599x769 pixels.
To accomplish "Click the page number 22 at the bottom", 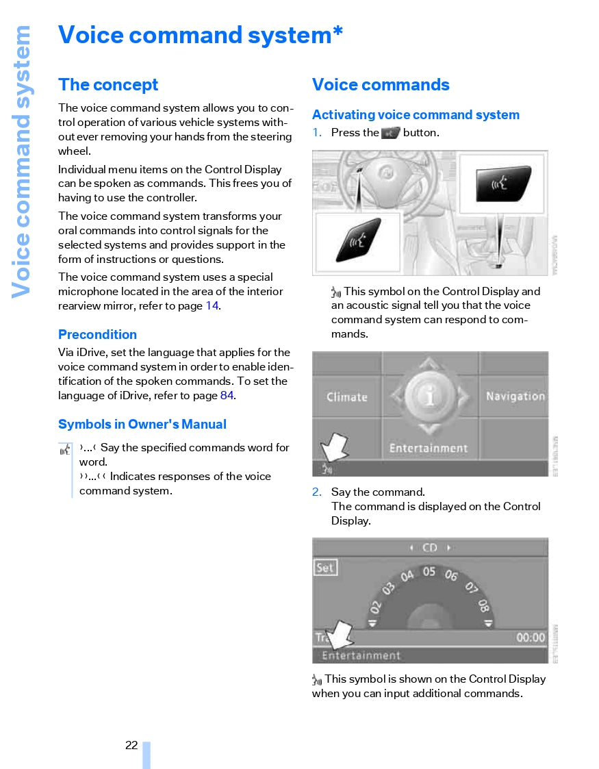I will pos(131,745).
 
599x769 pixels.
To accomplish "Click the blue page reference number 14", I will pos(212,306).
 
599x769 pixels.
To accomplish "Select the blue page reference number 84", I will pos(228,396).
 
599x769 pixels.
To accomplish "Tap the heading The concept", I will pos(108,85).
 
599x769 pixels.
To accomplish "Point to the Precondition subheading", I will pos(97,335).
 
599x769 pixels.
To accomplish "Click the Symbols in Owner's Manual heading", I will pos(142,425).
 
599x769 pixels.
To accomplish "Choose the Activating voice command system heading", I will pos(416,115).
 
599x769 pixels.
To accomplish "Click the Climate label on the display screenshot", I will pos(347,397).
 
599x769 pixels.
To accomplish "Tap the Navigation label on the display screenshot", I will pos(515,396).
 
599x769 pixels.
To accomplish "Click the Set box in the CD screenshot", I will pos(326,568).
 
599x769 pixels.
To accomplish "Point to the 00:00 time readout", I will pos(531,638).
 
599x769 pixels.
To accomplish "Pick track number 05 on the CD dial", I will pos(429,571).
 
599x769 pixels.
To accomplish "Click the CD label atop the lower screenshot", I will pos(430,548).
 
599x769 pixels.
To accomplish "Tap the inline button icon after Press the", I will pos(390,133).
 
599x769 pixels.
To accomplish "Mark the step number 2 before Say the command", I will pos(316,492).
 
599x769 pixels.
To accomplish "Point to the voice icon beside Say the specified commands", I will pos(65,450).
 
